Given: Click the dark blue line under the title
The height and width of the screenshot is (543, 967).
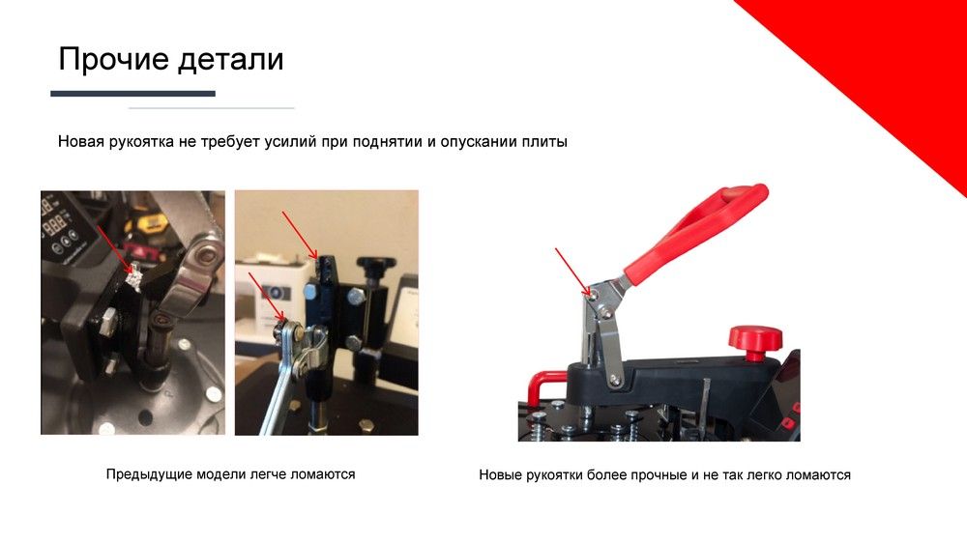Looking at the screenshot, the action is click(132, 94).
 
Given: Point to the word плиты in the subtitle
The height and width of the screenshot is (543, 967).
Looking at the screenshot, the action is click(544, 142).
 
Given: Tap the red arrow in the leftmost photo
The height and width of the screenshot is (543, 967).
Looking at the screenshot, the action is click(115, 249).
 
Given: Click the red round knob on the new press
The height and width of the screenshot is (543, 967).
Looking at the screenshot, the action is click(755, 342).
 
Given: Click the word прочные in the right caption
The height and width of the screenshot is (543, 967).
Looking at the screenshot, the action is click(657, 475).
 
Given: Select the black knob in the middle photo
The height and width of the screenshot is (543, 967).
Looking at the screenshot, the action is click(375, 268).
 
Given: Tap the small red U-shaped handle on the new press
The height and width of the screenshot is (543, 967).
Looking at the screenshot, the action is click(543, 386).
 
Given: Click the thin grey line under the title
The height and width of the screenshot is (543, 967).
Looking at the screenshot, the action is click(211, 108).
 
